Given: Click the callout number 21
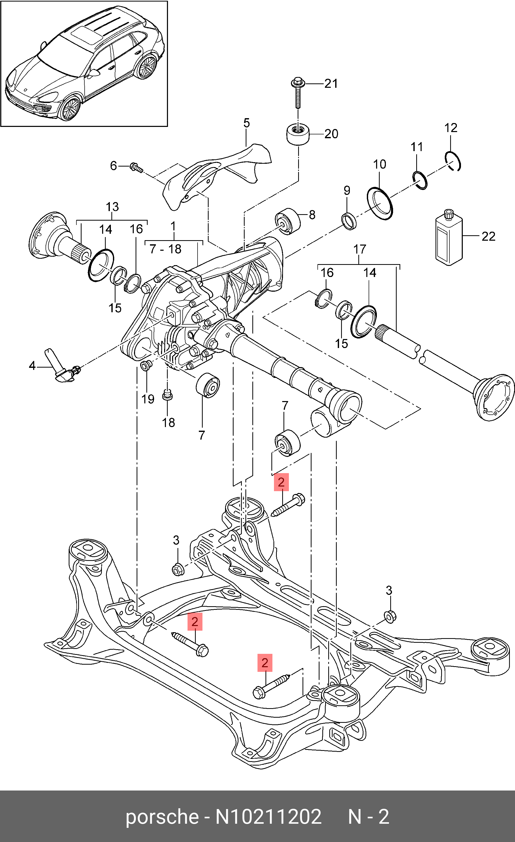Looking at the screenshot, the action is pyautogui.click(x=331, y=83).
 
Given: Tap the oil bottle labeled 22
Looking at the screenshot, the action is pyautogui.click(x=449, y=238).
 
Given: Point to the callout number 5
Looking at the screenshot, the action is pyautogui.click(x=247, y=123).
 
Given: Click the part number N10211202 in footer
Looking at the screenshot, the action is pyautogui.click(x=268, y=817).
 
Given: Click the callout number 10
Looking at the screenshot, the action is pyautogui.click(x=379, y=164).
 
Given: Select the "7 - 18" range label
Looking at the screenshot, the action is pyautogui.click(x=165, y=249).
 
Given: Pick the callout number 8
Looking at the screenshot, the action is pyautogui.click(x=312, y=215).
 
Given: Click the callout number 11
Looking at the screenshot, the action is pyautogui.click(x=417, y=147).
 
